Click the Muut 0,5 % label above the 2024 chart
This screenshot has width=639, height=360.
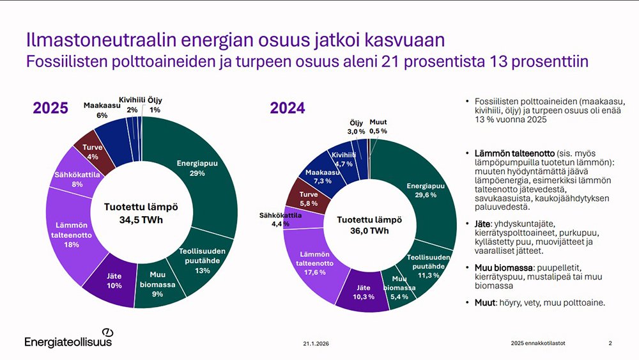(378, 126)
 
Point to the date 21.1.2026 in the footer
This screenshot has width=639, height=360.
(317, 343)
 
